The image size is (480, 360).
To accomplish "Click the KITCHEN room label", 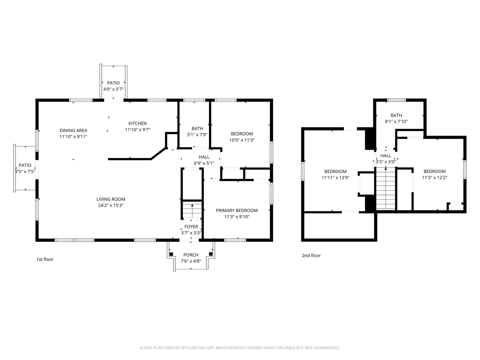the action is (x=137, y=123).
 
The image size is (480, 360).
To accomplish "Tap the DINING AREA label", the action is (x=73, y=130).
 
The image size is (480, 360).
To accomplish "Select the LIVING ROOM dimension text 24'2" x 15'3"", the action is (x=111, y=205).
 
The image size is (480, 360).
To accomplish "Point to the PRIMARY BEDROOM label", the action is (x=237, y=210).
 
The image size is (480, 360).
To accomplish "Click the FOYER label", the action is (x=191, y=227).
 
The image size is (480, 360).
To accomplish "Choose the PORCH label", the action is (x=191, y=255).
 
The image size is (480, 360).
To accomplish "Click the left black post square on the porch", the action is (x=171, y=254).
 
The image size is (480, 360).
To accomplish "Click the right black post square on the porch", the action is (x=211, y=254).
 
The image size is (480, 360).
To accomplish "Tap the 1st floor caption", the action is (x=45, y=259).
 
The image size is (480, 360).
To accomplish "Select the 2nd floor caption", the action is (x=311, y=256).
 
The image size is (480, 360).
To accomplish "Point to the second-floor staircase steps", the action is (x=386, y=188).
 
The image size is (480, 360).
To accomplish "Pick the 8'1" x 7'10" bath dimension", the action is (x=396, y=121).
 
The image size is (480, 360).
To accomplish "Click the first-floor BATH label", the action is (x=197, y=129).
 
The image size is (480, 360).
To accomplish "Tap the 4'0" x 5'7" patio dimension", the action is (x=113, y=89).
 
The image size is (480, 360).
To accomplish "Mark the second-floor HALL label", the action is (x=386, y=156).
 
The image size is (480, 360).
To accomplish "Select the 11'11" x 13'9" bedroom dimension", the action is (x=335, y=177).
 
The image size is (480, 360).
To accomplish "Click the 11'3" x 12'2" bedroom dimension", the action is (x=435, y=177).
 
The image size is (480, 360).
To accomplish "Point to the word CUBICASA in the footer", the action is (x=196, y=348).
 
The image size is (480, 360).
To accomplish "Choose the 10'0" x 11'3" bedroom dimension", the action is (x=242, y=140).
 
